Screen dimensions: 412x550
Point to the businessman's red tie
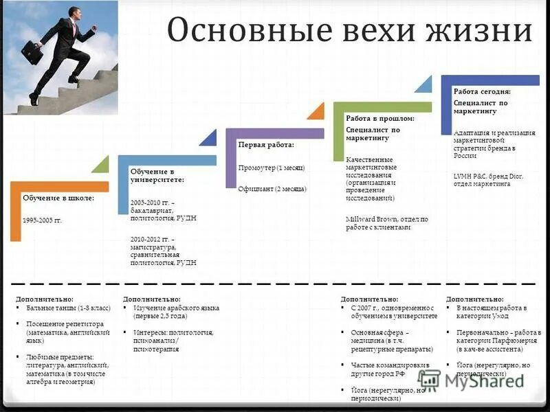click(x=73, y=28)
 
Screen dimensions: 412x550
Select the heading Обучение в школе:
click(x=58, y=198)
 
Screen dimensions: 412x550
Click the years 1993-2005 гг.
click(x=42, y=220)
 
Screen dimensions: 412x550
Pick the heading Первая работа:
click(x=265, y=146)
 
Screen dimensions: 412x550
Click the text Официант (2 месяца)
click(x=272, y=189)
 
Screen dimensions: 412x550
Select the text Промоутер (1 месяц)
click(x=272, y=168)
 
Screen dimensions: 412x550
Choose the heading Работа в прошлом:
click(x=380, y=118)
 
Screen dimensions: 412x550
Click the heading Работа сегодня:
click(x=481, y=91)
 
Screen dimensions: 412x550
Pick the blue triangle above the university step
click(x=208, y=137)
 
